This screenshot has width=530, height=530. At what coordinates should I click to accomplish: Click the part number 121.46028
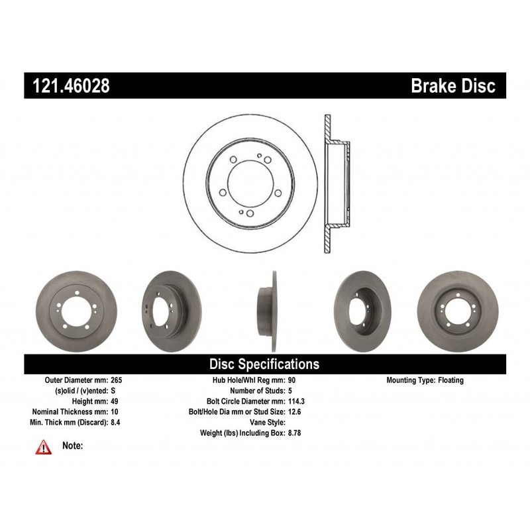click(68, 86)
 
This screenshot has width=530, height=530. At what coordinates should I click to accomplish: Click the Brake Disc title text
click(453, 86)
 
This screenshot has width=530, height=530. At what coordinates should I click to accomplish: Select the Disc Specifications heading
click(264, 364)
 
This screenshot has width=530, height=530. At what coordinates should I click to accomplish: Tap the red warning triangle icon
click(43, 447)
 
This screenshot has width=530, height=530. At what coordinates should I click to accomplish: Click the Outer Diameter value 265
click(117, 380)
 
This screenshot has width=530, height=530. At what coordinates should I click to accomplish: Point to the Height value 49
click(115, 401)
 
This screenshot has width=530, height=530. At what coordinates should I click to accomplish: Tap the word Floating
click(450, 380)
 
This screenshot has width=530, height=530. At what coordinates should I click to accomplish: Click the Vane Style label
click(267, 422)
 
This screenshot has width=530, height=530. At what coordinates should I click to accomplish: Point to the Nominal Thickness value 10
click(115, 411)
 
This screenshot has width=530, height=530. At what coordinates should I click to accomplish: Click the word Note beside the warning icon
click(72, 446)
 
